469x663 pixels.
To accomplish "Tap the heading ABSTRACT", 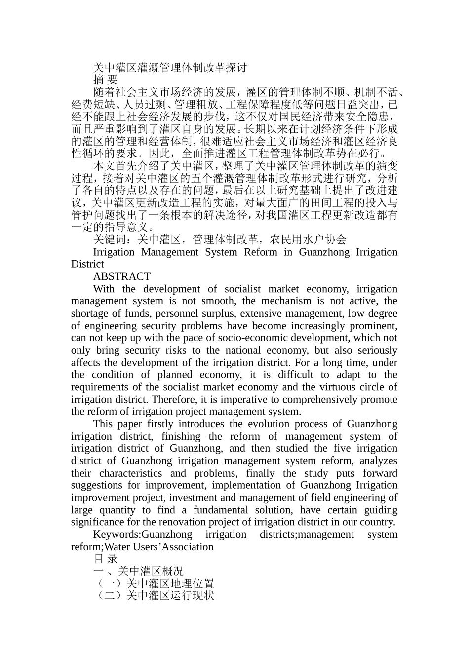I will click(121, 276).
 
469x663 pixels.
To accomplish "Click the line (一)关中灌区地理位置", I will click(154, 584).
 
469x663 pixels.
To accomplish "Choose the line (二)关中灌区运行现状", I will click(154, 596).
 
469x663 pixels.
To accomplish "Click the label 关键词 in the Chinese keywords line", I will click(109, 240).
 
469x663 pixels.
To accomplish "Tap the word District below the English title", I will click(87, 264).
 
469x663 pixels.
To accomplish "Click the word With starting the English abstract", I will click(104, 289).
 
